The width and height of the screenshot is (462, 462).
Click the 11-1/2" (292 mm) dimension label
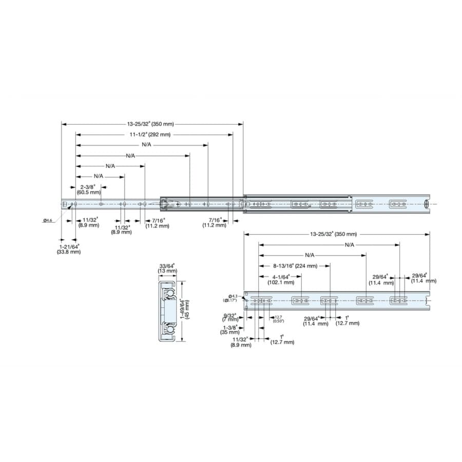tap(150, 134)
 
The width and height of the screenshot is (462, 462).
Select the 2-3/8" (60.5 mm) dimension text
tap(89, 189)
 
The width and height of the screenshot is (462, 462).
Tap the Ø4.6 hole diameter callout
tap(47, 220)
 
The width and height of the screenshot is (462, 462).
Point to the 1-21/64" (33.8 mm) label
tap(69, 249)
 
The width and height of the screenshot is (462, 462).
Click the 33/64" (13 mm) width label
tap(167, 268)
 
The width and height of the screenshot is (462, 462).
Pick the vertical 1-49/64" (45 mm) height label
tap(185, 309)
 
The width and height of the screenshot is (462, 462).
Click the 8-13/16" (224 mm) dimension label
tap(295, 266)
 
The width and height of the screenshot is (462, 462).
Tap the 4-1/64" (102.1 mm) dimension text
tap(281, 279)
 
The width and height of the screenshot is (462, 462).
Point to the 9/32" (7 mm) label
tap(230, 317)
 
